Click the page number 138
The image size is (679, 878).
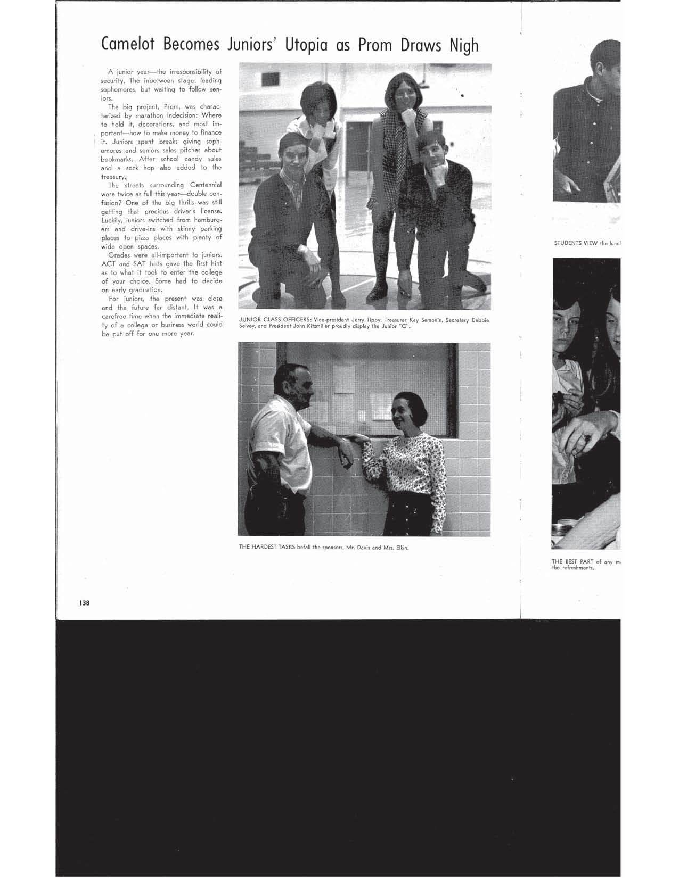(x=84, y=603)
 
